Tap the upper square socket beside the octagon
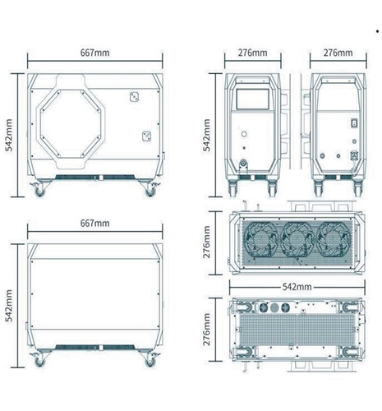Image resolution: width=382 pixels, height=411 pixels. pyautogui.click(x=134, y=97)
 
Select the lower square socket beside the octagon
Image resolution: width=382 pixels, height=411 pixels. pyautogui.click(x=147, y=136)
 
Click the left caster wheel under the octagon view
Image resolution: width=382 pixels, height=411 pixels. pyautogui.click(x=39, y=192)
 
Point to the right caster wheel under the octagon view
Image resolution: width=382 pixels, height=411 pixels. pyautogui.click(x=150, y=192)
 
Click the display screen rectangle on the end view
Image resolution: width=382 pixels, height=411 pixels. pyautogui.click(x=252, y=99)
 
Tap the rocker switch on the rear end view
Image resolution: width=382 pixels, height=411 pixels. pyautogui.click(x=355, y=123)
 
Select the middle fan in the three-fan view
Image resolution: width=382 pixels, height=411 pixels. pyautogui.click(x=297, y=240)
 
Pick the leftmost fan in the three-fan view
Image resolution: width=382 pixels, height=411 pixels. pyautogui.click(x=259, y=240)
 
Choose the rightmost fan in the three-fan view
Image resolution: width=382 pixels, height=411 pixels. pyautogui.click(x=334, y=240)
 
